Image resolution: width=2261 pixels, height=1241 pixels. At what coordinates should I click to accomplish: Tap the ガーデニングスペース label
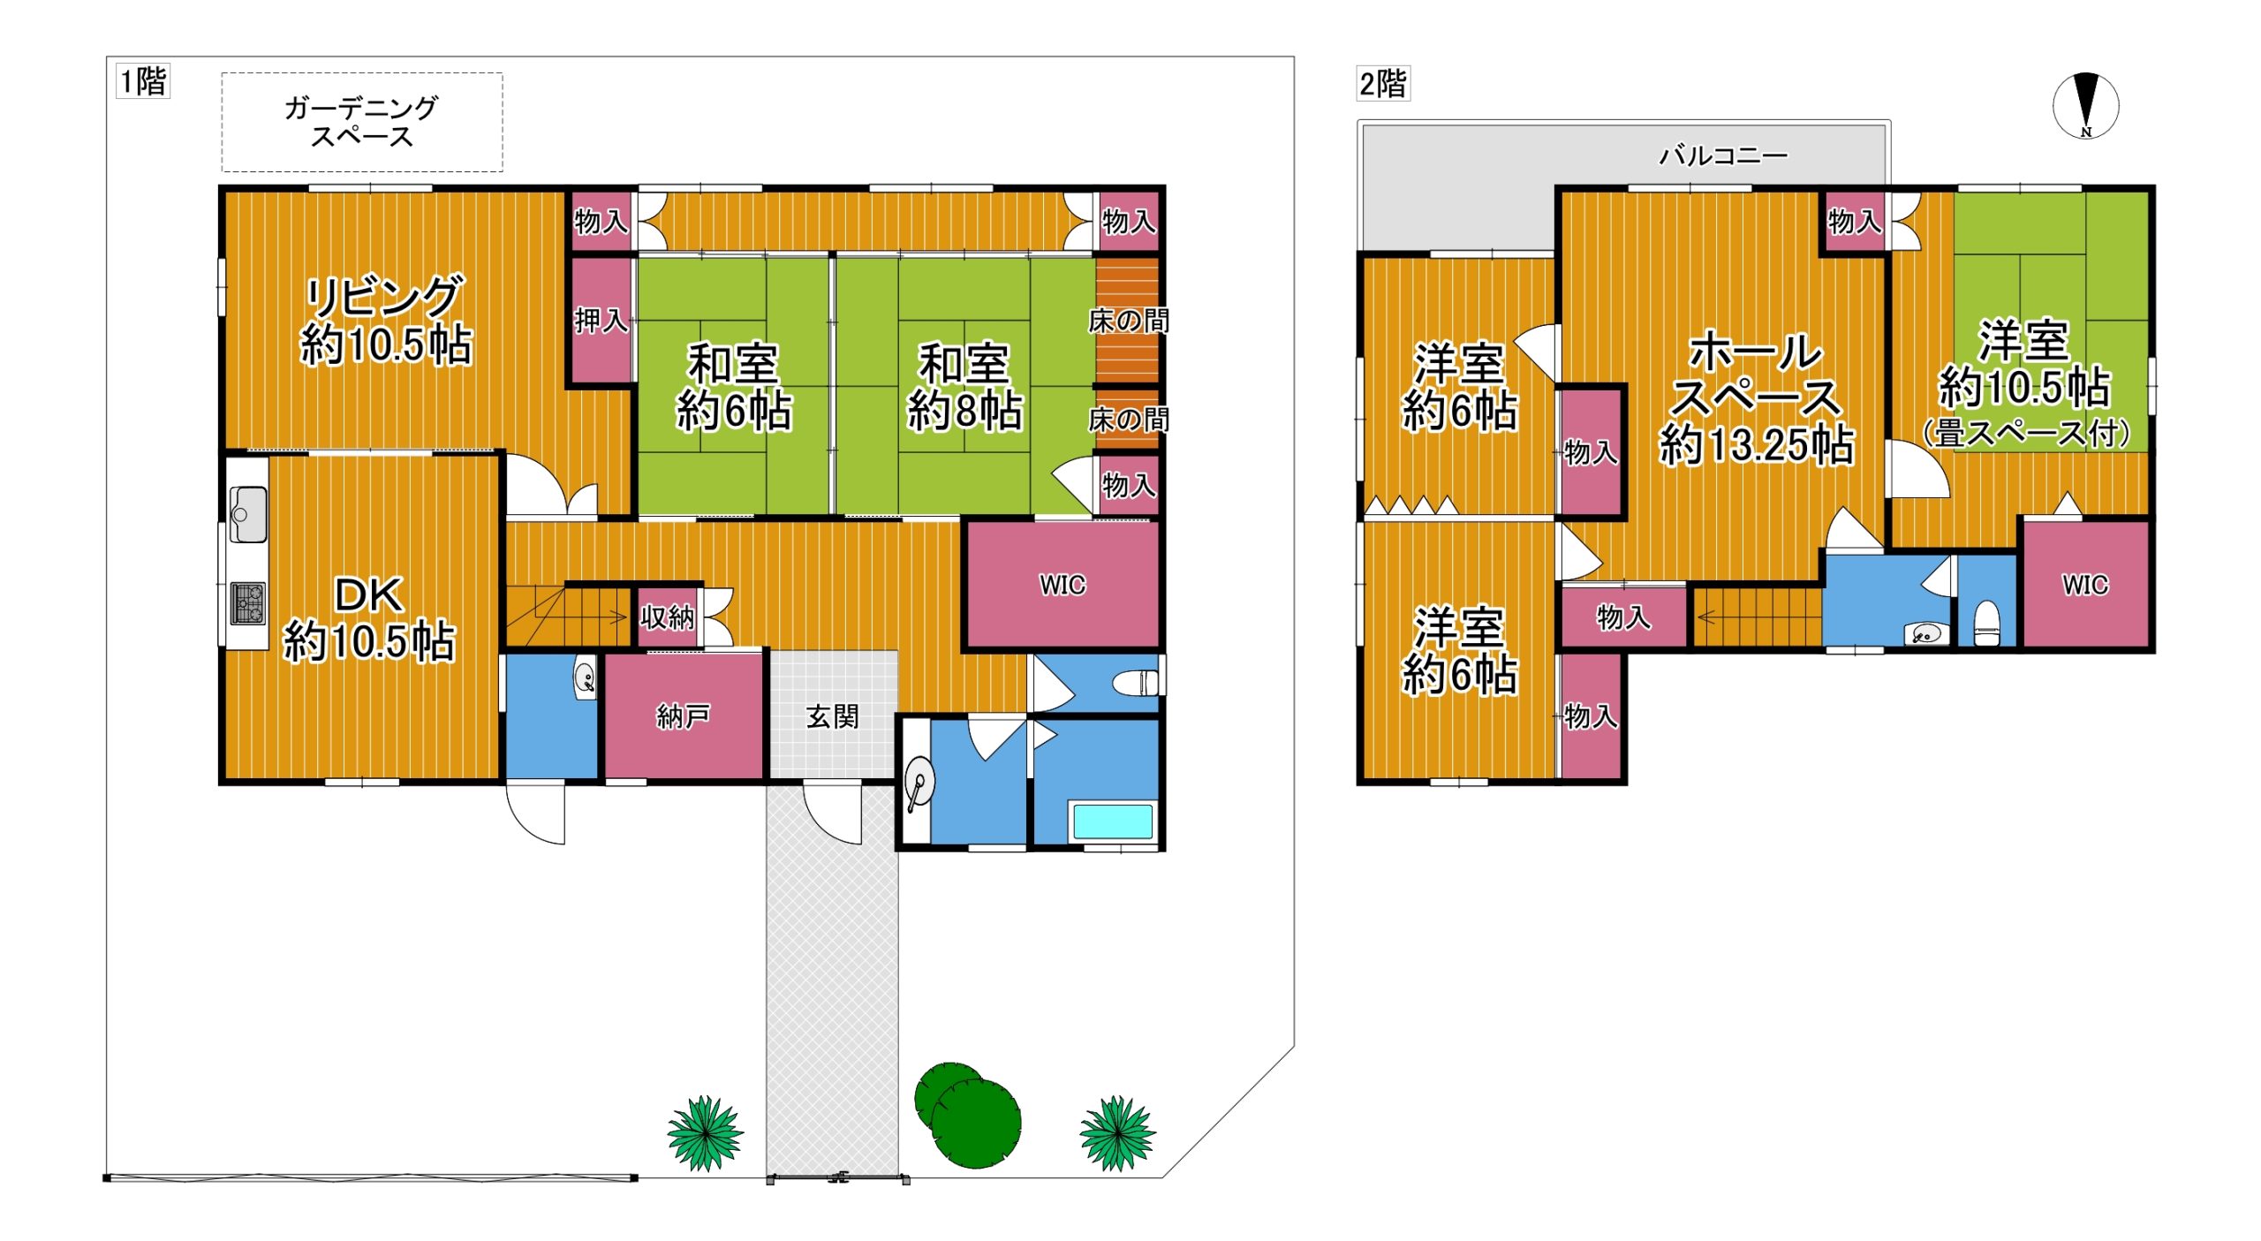click(x=361, y=122)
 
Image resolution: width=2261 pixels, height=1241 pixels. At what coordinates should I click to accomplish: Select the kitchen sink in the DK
click(x=248, y=513)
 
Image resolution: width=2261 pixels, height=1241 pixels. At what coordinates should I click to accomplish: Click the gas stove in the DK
click(x=248, y=603)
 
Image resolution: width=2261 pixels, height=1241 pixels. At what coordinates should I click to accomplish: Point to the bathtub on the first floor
click(x=1113, y=821)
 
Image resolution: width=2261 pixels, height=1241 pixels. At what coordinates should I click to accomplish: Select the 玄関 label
click(x=833, y=716)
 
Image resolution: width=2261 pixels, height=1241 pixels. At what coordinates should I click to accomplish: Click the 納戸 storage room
click(x=684, y=716)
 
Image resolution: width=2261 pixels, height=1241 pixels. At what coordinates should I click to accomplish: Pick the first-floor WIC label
click(x=1062, y=585)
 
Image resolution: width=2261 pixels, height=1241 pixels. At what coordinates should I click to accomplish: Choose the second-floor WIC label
click(x=2085, y=585)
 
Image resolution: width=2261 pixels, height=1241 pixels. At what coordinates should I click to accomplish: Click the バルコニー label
click(x=1723, y=156)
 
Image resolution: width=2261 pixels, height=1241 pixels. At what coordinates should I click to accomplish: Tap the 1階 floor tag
click(x=143, y=81)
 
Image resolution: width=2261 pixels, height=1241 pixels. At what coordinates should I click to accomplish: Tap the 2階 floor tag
click(x=1383, y=84)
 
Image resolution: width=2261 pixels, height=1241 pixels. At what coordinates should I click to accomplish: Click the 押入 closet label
click(x=601, y=321)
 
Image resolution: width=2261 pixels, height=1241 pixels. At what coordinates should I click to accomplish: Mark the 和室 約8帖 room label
click(x=964, y=388)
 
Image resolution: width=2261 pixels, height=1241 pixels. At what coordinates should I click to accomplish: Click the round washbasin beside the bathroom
click(x=919, y=784)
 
